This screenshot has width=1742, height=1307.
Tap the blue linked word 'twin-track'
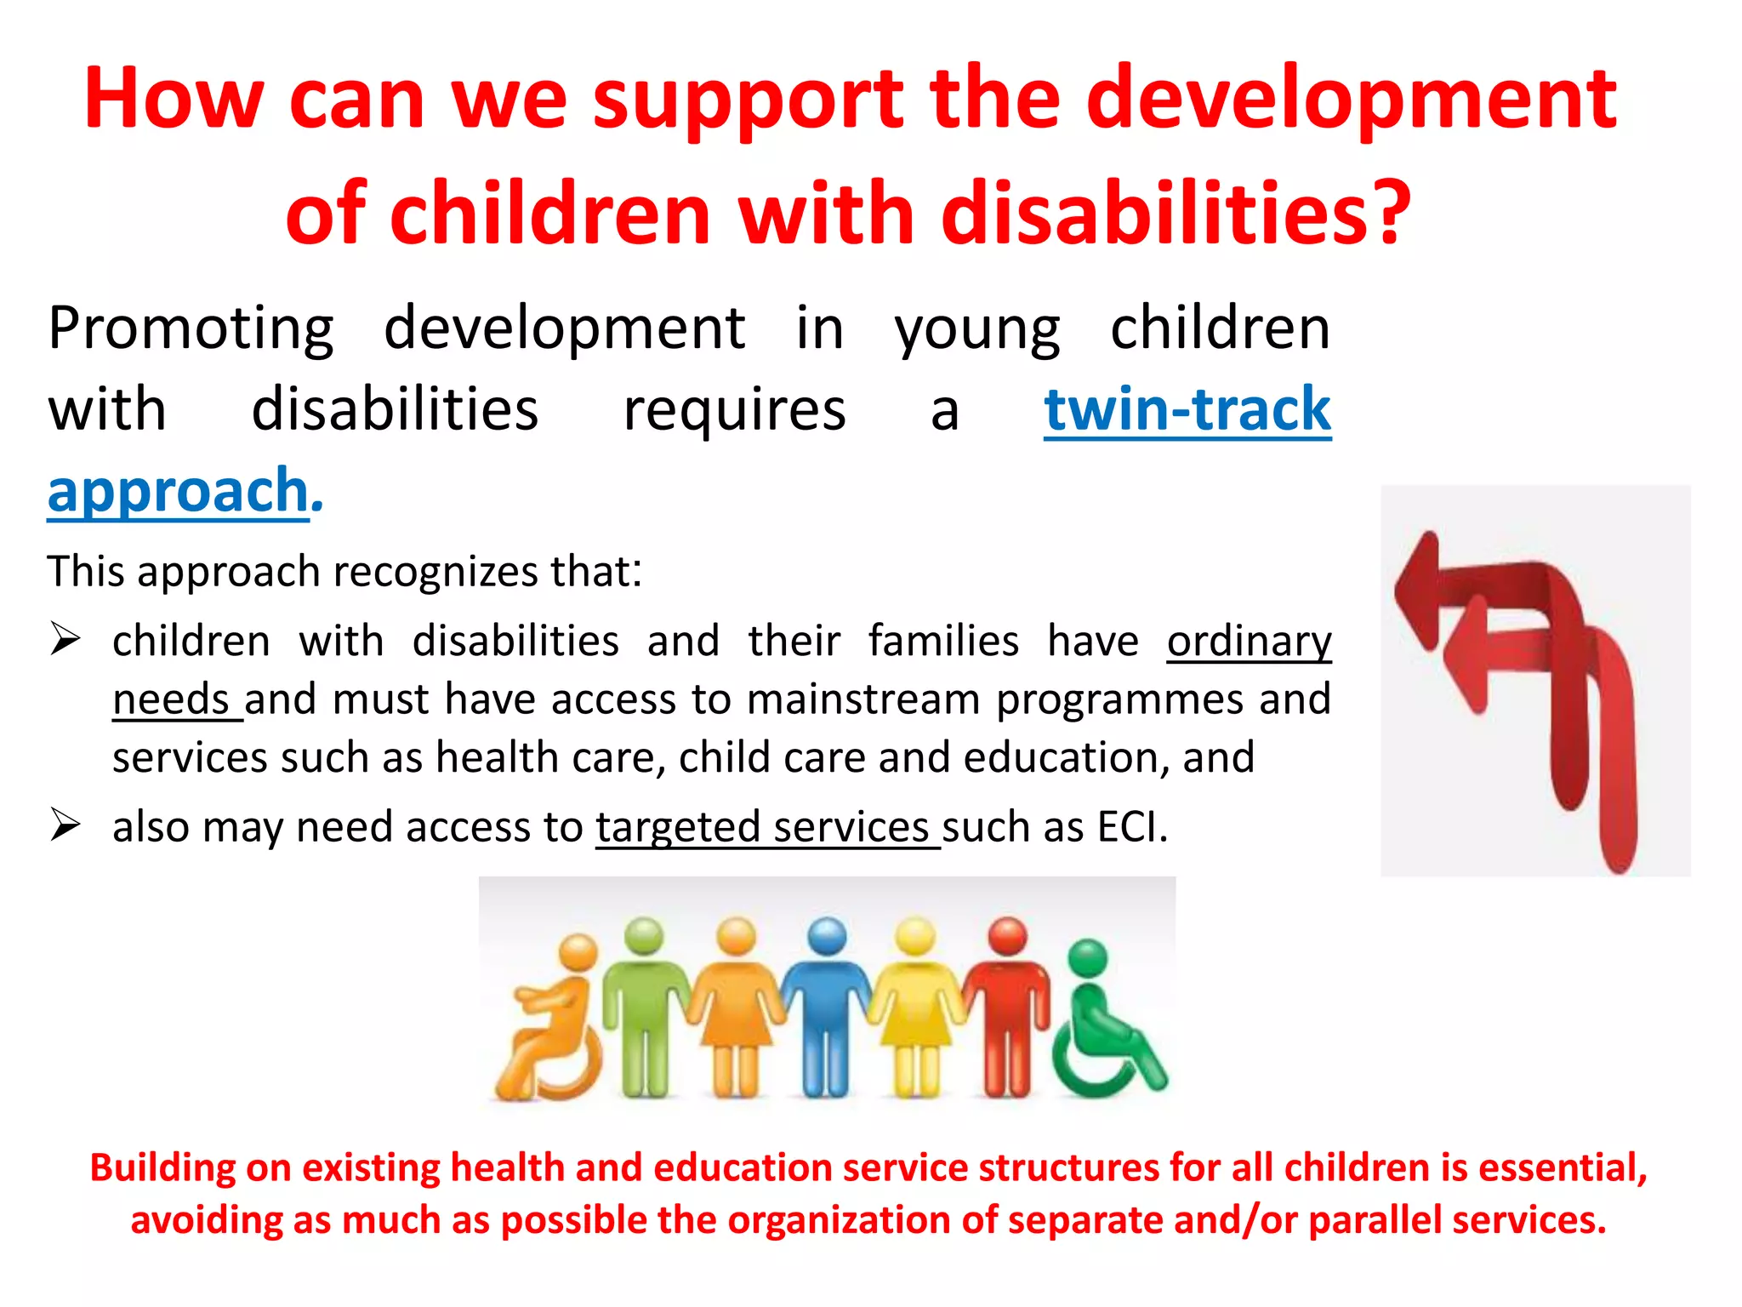tap(1187, 410)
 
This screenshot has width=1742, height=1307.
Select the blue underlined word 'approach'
tap(178, 492)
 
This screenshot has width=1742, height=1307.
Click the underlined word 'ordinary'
tap(1249, 642)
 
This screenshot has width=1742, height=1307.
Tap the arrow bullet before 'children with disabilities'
tap(65, 638)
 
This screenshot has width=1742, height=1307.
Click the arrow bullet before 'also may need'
tap(65, 825)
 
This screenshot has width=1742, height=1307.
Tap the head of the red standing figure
tap(1007, 936)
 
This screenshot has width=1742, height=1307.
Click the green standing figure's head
tap(644, 936)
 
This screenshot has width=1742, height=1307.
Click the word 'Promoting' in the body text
tap(191, 328)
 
